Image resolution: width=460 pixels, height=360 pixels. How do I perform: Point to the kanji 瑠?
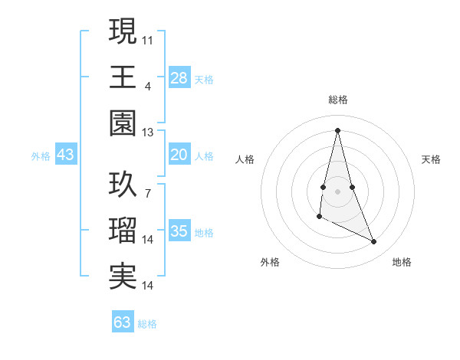pos(123,231)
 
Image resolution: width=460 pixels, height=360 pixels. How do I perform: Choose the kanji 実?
pos(123,277)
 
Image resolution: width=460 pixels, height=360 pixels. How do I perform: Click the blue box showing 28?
pos(179,77)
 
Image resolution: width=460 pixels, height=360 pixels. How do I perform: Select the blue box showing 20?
pos(179,155)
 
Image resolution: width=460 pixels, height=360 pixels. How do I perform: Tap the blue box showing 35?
pos(179,232)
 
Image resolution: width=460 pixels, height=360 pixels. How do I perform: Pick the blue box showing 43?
pos(65,155)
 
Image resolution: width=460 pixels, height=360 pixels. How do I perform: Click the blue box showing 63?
pos(123,322)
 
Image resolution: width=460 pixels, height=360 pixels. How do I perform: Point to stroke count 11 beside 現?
pos(148,39)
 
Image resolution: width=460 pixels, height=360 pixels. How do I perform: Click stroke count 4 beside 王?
pos(147,86)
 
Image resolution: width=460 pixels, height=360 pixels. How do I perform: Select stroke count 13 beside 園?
pos(147,132)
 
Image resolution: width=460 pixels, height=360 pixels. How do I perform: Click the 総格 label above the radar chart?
pos(338,100)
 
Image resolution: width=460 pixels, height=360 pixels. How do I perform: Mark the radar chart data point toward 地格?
pos(374,242)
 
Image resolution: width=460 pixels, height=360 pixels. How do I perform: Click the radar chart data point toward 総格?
pos(338,130)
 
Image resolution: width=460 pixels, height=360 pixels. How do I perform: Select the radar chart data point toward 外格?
pos(319,218)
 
